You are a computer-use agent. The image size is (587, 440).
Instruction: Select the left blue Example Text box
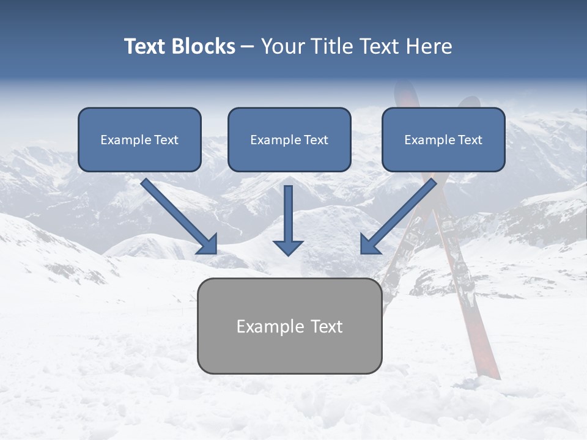[139, 139]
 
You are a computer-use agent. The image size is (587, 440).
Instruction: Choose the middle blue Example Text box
[289, 139]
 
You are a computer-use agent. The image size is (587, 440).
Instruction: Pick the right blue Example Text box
[443, 139]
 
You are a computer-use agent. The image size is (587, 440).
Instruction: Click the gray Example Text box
[289, 326]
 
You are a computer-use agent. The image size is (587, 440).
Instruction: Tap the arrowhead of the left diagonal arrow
[209, 245]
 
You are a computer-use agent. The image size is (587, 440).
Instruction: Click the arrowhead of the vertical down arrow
[288, 247]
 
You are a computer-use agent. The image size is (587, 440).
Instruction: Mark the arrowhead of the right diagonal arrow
[369, 245]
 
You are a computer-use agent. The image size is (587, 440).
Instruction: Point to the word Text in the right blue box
[470, 140]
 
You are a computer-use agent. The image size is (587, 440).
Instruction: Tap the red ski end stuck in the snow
[489, 367]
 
